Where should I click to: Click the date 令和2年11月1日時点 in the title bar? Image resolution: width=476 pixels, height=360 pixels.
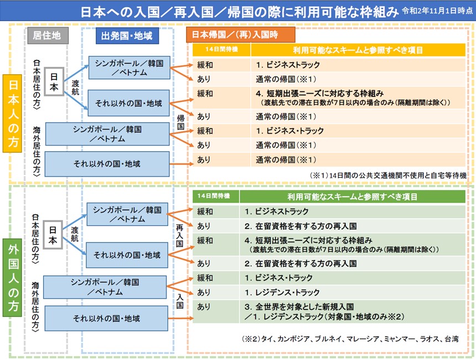tap(437, 11)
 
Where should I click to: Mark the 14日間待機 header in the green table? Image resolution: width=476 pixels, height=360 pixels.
tap(216, 197)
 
